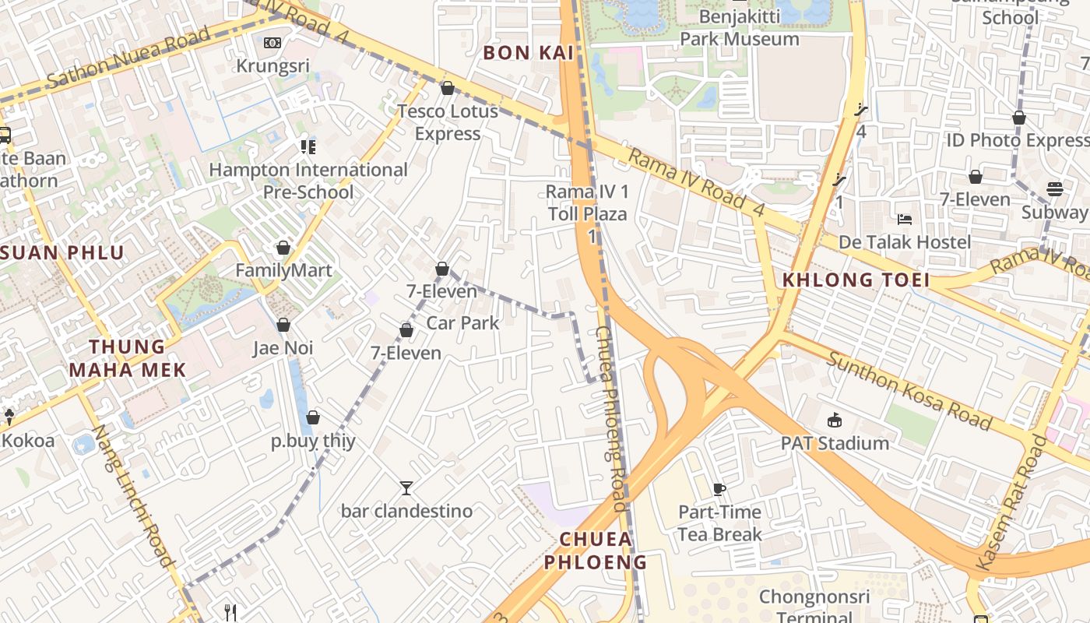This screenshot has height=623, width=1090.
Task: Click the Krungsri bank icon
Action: tap(272, 43)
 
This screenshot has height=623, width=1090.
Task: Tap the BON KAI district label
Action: tap(528, 53)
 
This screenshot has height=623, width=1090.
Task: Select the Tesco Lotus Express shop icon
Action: tap(448, 88)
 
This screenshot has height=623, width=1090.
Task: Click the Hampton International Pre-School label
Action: tap(308, 181)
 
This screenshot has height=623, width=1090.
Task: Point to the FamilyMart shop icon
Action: tap(283, 248)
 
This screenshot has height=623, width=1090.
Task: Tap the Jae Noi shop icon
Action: tap(283, 325)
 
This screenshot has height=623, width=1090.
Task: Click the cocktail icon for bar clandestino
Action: tap(406, 488)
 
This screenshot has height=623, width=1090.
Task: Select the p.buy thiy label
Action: tap(313, 441)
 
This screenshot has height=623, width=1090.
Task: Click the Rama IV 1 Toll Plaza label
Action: tap(587, 202)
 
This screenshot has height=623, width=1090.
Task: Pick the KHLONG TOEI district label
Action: tap(856, 280)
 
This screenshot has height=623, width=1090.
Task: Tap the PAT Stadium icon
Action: tap(835, 421)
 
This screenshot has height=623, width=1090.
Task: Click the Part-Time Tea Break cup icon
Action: tap(719, 489)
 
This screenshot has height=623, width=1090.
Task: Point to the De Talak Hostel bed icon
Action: tap(904, 219)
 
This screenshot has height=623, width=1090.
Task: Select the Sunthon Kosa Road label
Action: tap(908, 391)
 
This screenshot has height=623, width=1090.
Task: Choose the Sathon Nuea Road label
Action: tap(128, 58)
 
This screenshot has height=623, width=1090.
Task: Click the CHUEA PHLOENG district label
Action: tap(596, 550)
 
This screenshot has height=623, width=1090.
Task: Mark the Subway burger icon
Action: tap(1055, 189)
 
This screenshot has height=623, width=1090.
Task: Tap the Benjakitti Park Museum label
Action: tap(739, 28)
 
